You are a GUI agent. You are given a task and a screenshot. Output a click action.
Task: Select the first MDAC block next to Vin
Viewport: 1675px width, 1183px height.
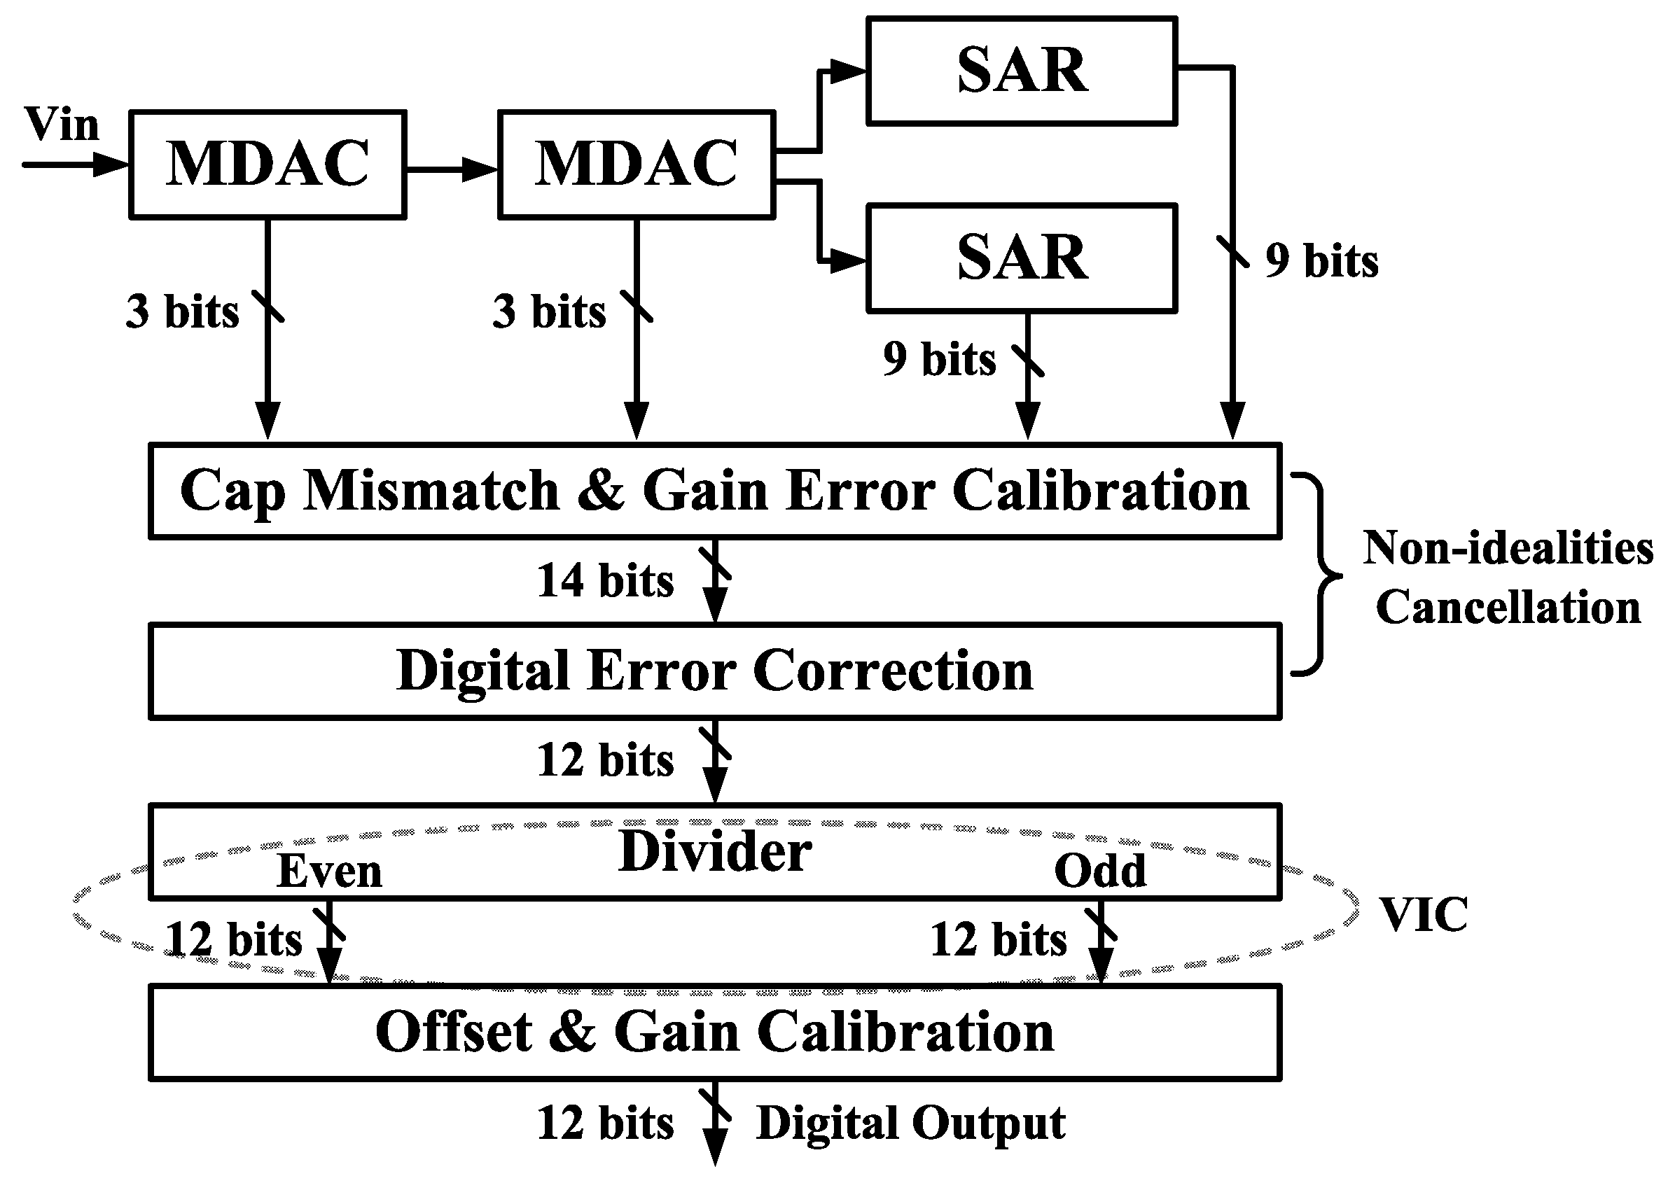click(267, 164)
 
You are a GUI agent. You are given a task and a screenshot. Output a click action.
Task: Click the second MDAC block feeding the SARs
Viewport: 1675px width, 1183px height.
click(636, 164)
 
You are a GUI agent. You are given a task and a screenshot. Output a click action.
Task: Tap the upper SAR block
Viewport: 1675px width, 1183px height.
click(1022, 71)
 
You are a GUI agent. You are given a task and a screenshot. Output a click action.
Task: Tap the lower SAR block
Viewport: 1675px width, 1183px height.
click(1022, 258)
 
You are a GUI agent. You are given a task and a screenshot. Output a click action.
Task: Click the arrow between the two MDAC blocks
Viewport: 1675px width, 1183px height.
click(452, 169)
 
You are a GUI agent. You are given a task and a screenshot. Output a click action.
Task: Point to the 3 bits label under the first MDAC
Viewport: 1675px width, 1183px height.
click(182, 311)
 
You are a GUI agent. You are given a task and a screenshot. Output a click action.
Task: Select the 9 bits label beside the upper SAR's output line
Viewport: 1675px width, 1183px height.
click(1321, 260)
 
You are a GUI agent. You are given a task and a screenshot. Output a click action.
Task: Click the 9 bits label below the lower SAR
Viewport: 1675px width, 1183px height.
click(939, 359)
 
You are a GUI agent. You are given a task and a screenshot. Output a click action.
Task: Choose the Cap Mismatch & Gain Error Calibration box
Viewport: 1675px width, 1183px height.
click(715, 491)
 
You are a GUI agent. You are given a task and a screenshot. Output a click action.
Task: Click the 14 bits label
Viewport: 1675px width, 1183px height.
click(605, 580)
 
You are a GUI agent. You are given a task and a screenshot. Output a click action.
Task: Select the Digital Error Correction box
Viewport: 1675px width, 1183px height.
click(715, 671)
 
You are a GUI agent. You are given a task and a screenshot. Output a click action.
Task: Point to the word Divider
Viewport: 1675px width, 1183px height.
click(715, 851)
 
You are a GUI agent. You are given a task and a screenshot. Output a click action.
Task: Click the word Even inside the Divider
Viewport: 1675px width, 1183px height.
click(330, 871)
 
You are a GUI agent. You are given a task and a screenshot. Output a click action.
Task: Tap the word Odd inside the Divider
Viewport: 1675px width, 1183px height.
click(1100, 871)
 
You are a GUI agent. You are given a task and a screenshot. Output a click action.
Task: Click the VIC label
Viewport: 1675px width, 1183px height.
click(1424, 915)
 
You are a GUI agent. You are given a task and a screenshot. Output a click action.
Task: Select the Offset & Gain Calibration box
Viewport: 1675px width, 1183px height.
click(715, 1032)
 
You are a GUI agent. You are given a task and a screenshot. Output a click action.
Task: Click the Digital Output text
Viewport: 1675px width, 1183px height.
click(910, 1123)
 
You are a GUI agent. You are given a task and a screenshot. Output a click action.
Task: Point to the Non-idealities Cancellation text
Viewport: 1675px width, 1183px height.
click(1508, 577)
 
